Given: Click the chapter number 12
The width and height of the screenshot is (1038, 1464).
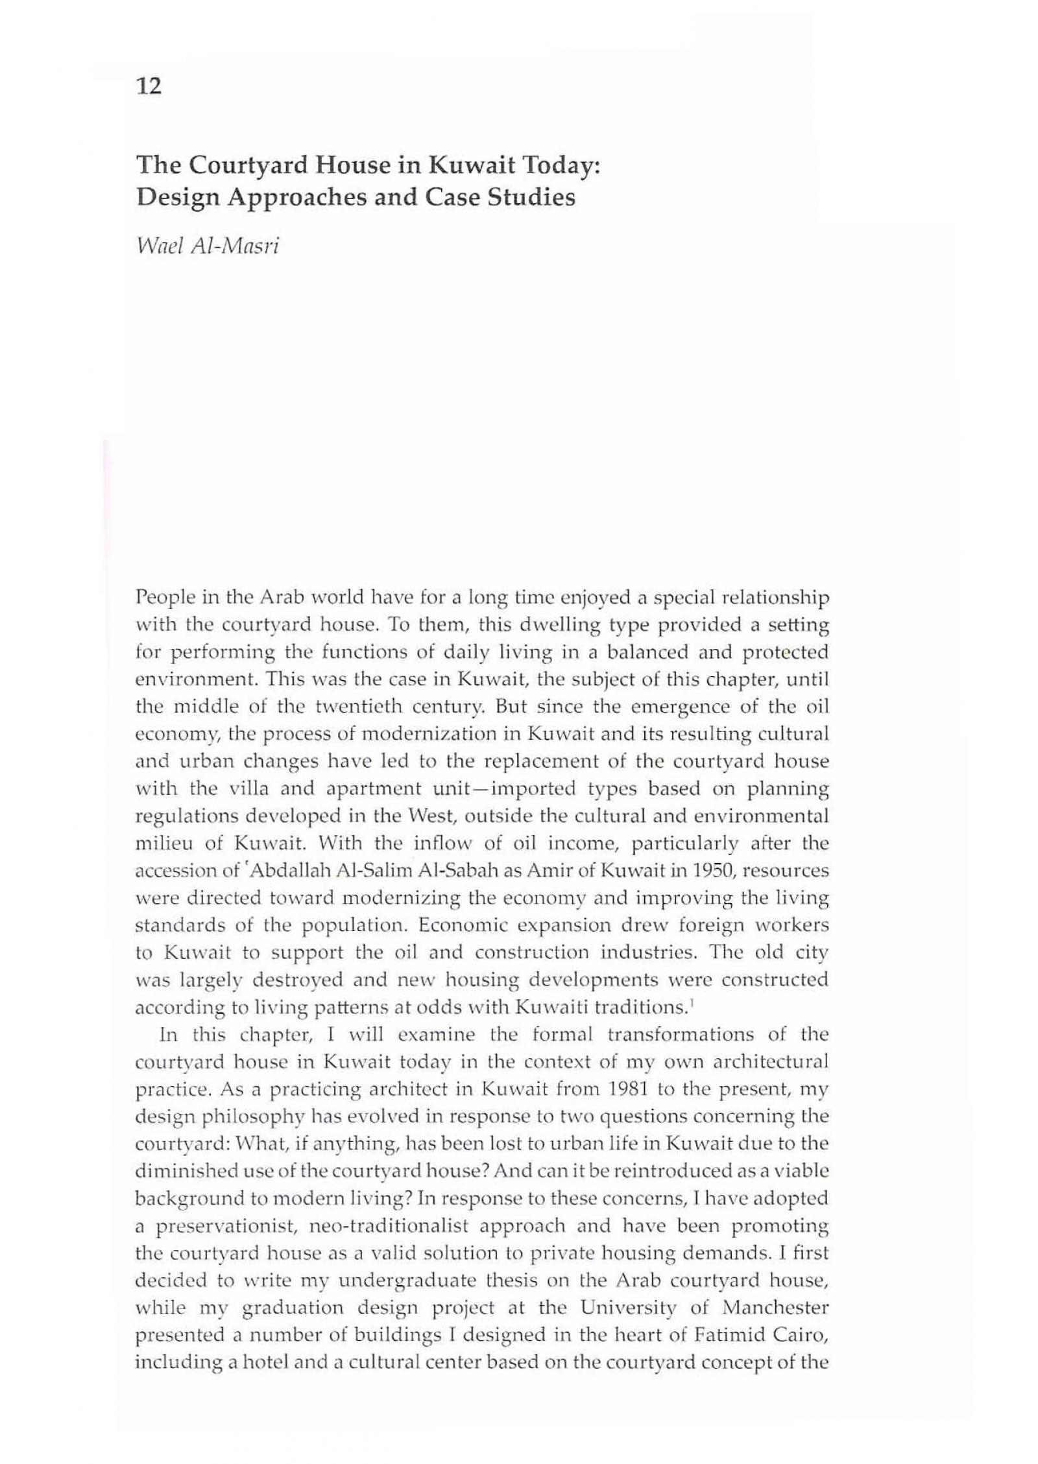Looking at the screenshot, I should click(x=149, y=86).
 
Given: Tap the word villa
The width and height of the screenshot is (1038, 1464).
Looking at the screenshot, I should click(x=247, y=789).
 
